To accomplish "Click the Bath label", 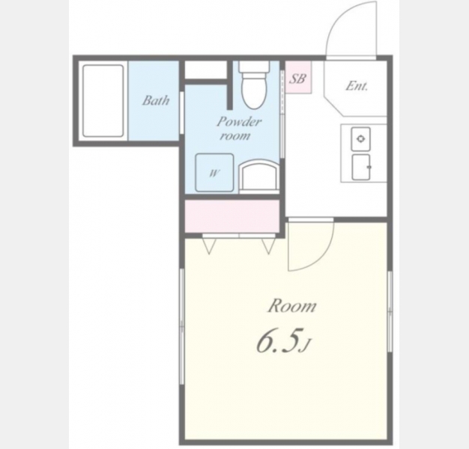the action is [156, 100].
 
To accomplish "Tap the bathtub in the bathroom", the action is [103, 101].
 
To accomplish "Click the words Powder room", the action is [239, 129].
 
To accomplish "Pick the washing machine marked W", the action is [214, 172].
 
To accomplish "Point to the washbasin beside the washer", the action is [260, 177].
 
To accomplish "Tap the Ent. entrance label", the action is [356, 86].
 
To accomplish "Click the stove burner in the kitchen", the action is [360, 138].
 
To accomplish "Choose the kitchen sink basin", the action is [360, 168].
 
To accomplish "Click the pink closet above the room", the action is [232, 216].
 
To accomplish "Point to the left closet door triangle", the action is [209, 245].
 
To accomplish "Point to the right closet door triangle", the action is [268, 245].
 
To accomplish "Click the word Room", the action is [291, 307].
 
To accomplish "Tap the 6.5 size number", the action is [278, 341].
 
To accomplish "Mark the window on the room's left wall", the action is [181, 326].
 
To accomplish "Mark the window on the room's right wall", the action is [390, 311].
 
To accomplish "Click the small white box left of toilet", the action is [205, 70].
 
